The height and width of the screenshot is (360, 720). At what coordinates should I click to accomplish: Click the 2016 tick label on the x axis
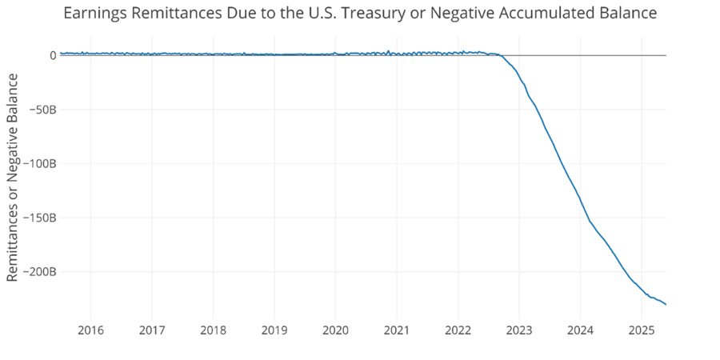point(90,330)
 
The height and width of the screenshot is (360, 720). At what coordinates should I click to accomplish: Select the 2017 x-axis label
point(152,330)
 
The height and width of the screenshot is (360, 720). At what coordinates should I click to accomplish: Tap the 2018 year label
point(213,330)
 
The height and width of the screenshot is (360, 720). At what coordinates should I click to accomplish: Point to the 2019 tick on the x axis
point(274,330)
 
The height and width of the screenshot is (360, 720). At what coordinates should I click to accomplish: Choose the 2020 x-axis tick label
point(335,330)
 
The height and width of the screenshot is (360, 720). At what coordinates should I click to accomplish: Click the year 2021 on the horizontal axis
point(397,330)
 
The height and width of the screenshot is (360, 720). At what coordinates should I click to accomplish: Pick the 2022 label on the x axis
point(458,330)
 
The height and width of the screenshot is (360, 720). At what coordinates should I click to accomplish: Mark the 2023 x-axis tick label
point(519,330)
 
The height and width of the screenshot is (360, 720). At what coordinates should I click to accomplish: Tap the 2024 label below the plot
point(580,330)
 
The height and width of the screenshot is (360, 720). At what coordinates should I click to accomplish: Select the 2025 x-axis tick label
point(642,330)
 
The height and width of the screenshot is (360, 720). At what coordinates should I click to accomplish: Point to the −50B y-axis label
point(42,110)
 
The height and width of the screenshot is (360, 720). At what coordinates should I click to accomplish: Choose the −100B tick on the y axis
point(39,164)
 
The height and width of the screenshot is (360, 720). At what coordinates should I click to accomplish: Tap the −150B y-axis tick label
point(39,218)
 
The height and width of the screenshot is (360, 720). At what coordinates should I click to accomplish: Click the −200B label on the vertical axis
point(39,272)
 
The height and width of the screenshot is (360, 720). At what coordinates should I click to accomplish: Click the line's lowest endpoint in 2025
point(666,304)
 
